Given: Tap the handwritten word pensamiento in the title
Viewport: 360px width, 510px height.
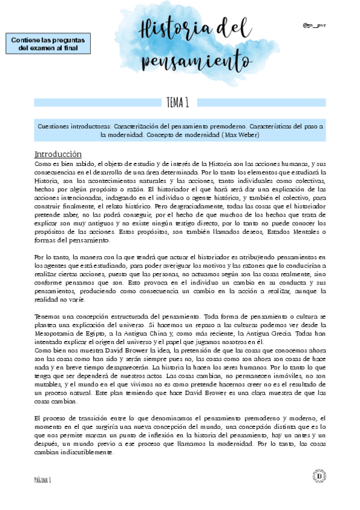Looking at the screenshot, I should coord(196,60).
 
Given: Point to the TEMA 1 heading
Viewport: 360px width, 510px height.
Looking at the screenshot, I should coord(178,103).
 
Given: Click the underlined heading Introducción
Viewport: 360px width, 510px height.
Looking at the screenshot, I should coord(58,154).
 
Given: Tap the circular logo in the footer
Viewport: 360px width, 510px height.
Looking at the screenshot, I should coord(319,476).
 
